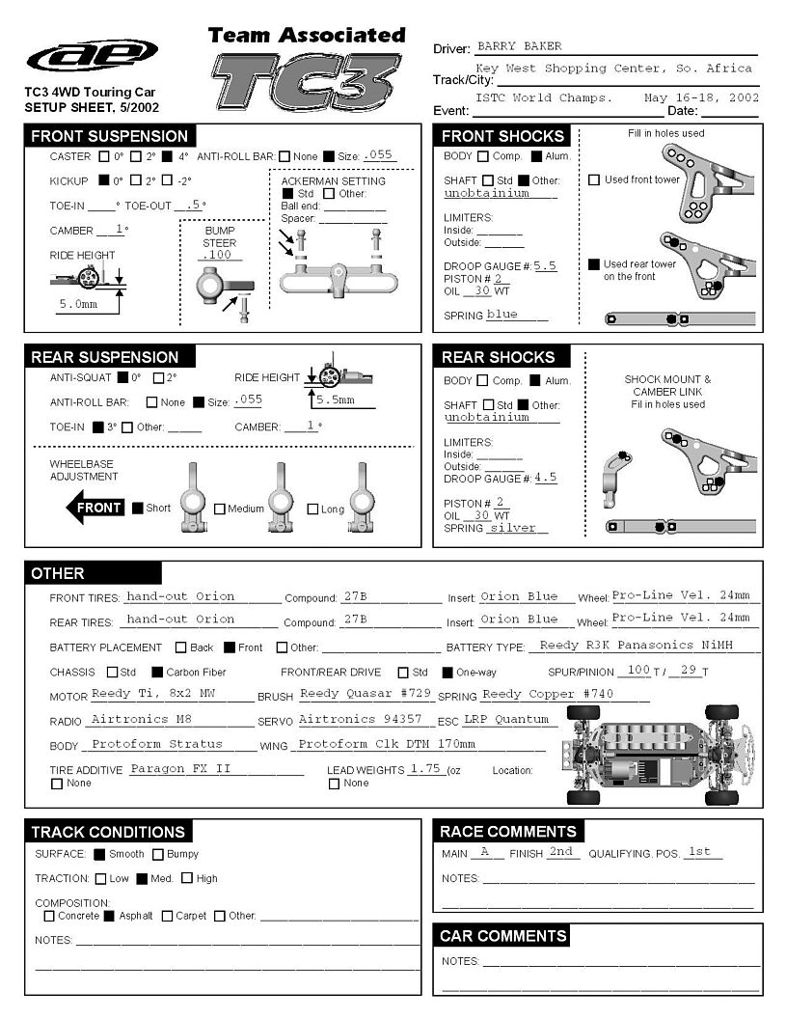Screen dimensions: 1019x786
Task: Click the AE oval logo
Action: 93,56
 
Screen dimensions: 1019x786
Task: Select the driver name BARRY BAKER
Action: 519,46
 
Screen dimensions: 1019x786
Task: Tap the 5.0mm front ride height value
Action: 78,303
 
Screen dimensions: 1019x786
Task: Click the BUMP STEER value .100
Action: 219,255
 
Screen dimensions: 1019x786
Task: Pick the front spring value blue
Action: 502,315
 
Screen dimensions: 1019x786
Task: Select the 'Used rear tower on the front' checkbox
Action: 594,264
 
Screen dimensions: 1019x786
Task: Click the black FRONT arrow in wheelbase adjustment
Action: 94,508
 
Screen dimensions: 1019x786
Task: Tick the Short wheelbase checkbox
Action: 138,509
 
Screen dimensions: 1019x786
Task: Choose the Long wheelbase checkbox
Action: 312,509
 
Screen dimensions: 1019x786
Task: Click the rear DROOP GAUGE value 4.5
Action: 545,478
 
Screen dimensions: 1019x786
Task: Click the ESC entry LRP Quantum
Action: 506,719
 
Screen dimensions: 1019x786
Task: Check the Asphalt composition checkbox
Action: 109,916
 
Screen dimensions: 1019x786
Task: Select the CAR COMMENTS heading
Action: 502,936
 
